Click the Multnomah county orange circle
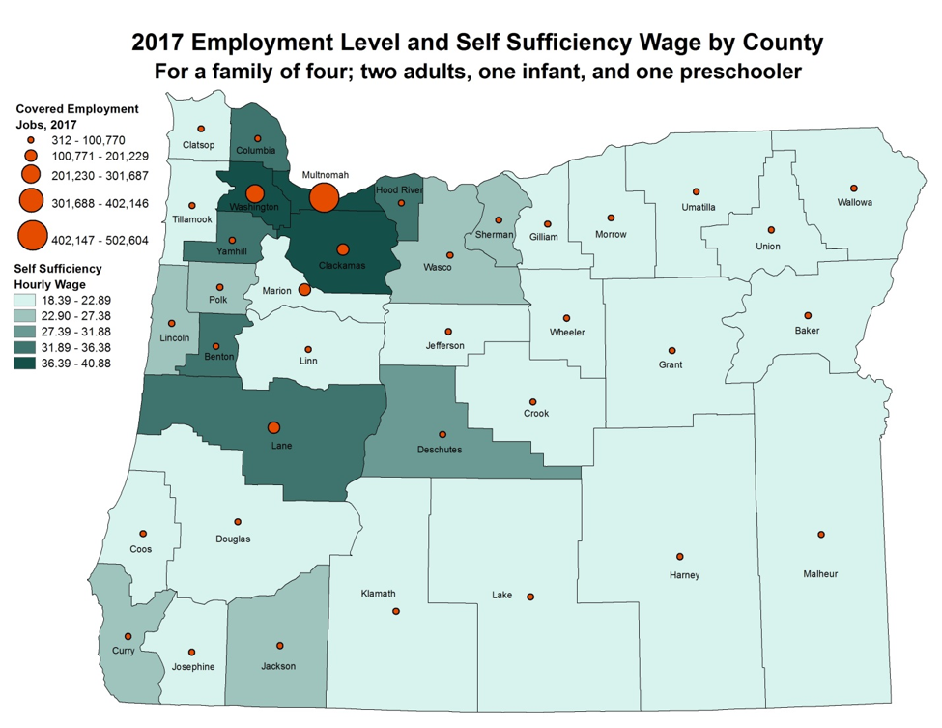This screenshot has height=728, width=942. click(324, 198)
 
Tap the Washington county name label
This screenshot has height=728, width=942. click(254, 207)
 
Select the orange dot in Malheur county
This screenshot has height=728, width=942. click(821, 535)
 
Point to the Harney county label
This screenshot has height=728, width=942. click(684, 575)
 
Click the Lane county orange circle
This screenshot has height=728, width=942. click(274, 427)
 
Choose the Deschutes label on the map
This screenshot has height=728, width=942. click(440, 450)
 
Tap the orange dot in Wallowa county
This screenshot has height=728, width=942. click(854, 189)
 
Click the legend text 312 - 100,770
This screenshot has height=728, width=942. click(88, 139)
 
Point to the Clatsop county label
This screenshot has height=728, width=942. click(199, 145)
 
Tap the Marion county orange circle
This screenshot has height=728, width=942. click(304, 289)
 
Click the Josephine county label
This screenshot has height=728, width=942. click(193, 667)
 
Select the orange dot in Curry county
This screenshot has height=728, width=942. click(128, 637)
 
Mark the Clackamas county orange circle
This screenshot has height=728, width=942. click(342, 249)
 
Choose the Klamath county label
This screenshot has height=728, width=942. click(378, 594)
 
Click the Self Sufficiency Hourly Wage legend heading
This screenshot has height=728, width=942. click(58, 276)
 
